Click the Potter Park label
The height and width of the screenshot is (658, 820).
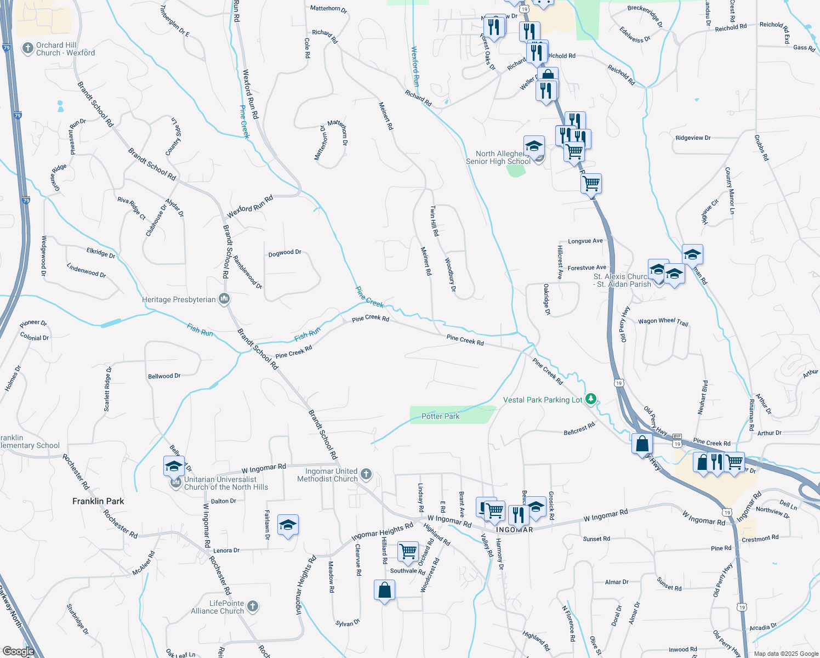click(x=440, y=416)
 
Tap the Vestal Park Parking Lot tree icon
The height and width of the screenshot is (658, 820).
click(x=590, y=399)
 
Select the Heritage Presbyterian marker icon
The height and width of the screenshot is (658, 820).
click(x=224, y=299)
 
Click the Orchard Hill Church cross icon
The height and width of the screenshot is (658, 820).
click(x=27, y=49)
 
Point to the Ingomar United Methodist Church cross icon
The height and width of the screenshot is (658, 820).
click(x=366, y=474)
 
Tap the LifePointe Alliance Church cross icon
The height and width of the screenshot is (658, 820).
click(x=252, y=606)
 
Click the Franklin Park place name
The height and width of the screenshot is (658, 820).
click(x=98, y=501)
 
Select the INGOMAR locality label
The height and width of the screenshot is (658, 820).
click(x=514, y=530)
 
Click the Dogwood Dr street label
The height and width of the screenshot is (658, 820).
click(x=284, y=253)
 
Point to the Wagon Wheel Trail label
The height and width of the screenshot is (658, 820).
click(x=663, y=321)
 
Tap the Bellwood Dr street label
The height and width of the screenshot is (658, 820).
click(x=164, y=376)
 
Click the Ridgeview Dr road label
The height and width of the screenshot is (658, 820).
click(x=693, y=138)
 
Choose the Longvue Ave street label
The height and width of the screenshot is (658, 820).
click(x=585, y=241)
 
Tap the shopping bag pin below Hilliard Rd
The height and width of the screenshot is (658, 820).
click(x=384, y=590)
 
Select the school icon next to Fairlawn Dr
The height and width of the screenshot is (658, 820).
click(x=288, y=525)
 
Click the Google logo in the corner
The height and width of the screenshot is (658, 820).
click(x=18, y=651)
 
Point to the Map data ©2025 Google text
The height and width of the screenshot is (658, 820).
click(x=785, y=654)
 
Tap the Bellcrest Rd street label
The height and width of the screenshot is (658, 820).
click(x=579, y=429)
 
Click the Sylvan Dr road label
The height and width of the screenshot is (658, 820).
click(x=348, y=623)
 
